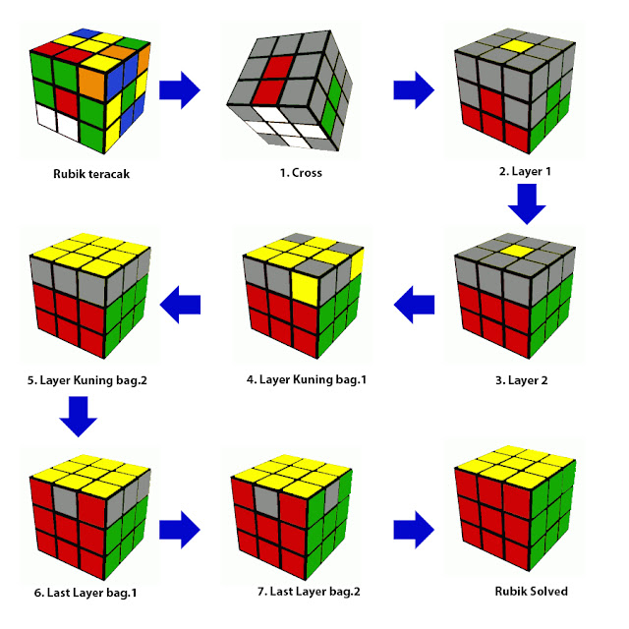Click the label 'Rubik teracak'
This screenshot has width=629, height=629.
pyautogui.click(x=91, y=174)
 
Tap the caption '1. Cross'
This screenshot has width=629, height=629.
pyautogui.click(x=301, y=173)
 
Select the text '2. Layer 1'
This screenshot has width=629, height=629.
pyautogui.click(x=525, y=172)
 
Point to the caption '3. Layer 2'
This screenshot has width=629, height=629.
pyautogui.click(x=522, y=380)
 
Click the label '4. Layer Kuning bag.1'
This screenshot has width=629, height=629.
pyautogui.click(x=307, y=379)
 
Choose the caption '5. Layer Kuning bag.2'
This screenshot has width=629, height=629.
pyautogui.click(x=87, y=380)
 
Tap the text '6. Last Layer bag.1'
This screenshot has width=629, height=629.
pyautogui.click(x=86, y=593)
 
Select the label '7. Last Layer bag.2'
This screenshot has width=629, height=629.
pyautogui.click(x=309, y=592)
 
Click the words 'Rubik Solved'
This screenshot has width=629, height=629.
pyautogui.click(x=531, y=592)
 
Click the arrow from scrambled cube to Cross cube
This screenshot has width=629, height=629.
pyautogui.click(x=180, y=89)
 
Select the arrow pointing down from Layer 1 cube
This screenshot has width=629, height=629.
pyautogui.click(x=527, y=203)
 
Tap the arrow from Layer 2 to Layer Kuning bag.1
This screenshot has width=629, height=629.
pyautogui.click(x=414, y=305)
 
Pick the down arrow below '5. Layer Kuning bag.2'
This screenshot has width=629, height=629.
pyautogui.click(x=79, y=417)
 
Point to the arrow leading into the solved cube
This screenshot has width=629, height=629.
pyautogui.click(x=414, y=530)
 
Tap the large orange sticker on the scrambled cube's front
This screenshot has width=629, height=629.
pyautogui.click(x=93, y=84)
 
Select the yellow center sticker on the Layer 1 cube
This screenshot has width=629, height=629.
pyautogui.click(x=518, y=46)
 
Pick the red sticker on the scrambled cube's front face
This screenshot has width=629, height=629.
pyautogui.click(x=67, y=102)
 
